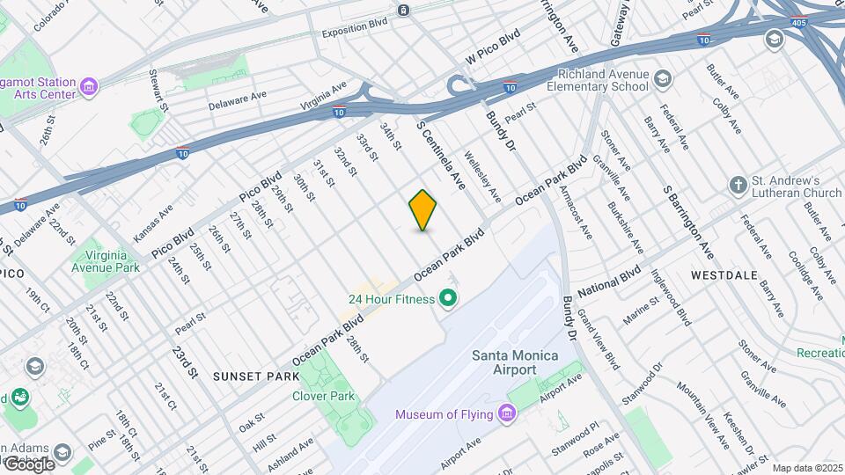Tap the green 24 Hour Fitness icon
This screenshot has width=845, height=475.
pyautogui.click(x=448, y=300)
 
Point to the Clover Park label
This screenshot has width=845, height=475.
pyautogui.click(x=323, y=396)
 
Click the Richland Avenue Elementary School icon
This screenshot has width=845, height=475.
pyautogui.click(x=662, y=80)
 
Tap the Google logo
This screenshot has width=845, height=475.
pyautogui.click(x=28, y=464)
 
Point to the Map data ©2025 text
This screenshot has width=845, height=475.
pyautogui.click(x=806, y=468)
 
